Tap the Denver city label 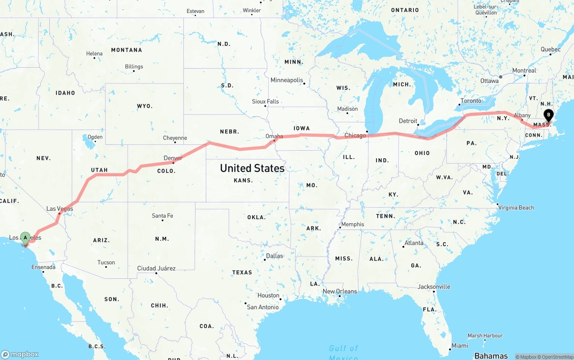click(173, 158)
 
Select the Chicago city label click(355, 135)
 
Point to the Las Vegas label click(60, 209)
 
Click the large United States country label click(252, 168)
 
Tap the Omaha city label click(274, 136)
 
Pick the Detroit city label click(408, 121)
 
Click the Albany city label click(522, 115)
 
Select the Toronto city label click(471, 101)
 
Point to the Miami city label click(460, 346)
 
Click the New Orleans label click(340, 291)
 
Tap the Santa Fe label click(162, 216)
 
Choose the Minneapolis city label click(287, 80)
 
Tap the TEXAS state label click(242, 273)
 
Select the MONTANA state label click(126, 50)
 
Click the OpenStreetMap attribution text click(556, 357)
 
